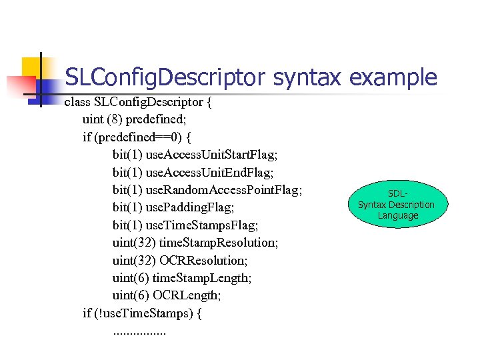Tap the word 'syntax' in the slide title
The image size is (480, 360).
click(x=307, y=79)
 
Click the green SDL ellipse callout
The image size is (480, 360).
click(x=396, y=205)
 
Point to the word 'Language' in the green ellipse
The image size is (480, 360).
click(x=397, y=215)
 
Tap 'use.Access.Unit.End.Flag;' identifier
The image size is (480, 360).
click(x=209, y=172)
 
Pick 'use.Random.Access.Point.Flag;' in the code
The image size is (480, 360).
click(x=224, y=190)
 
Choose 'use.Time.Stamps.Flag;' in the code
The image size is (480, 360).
click(x=201, y=225)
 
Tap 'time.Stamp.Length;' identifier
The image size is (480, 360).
click(x=203, y=277)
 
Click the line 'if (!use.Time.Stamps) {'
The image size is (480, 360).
click(x=141, y=312)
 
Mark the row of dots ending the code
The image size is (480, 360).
click(x=139, y=331)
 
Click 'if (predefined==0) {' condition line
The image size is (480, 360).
click(x=137, y=137)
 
